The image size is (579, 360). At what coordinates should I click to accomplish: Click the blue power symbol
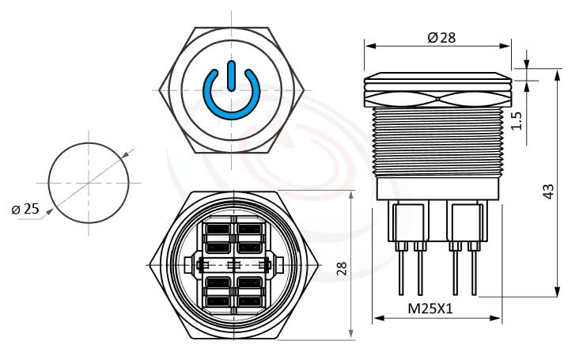(x=231, y=92)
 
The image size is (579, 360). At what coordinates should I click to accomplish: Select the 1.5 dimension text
(x=517, y=120)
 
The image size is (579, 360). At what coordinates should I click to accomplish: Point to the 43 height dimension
(x=548, y=191)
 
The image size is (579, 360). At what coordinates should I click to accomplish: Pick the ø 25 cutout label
(x=26, y=209)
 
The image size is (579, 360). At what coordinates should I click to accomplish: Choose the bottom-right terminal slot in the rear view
(x=249, y=301)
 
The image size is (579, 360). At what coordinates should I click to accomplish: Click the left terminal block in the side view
(x=410, y=221)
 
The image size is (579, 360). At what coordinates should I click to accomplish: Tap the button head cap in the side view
(x=437, y=80)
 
